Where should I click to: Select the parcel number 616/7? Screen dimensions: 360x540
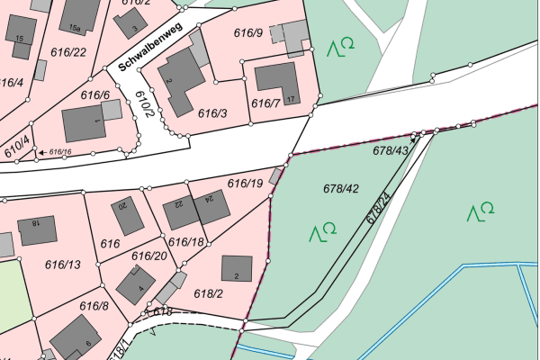(x=265, y=104)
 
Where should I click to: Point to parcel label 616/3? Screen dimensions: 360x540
(x=212, y=113)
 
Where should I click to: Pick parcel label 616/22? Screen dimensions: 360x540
(x=69, y=52)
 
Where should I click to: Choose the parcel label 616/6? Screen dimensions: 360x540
(x=94, y=95)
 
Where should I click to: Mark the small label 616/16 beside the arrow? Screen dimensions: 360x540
(x=60, y=152)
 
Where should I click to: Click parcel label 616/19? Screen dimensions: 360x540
(x=244, y=184)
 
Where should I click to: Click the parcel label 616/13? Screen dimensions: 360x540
(x=62, y=264)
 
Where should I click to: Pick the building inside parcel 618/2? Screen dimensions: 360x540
(x=237, y=268)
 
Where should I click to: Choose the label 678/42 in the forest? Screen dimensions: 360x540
(x=341, y=188)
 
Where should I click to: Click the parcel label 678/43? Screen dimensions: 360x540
(x=391, y=151)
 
